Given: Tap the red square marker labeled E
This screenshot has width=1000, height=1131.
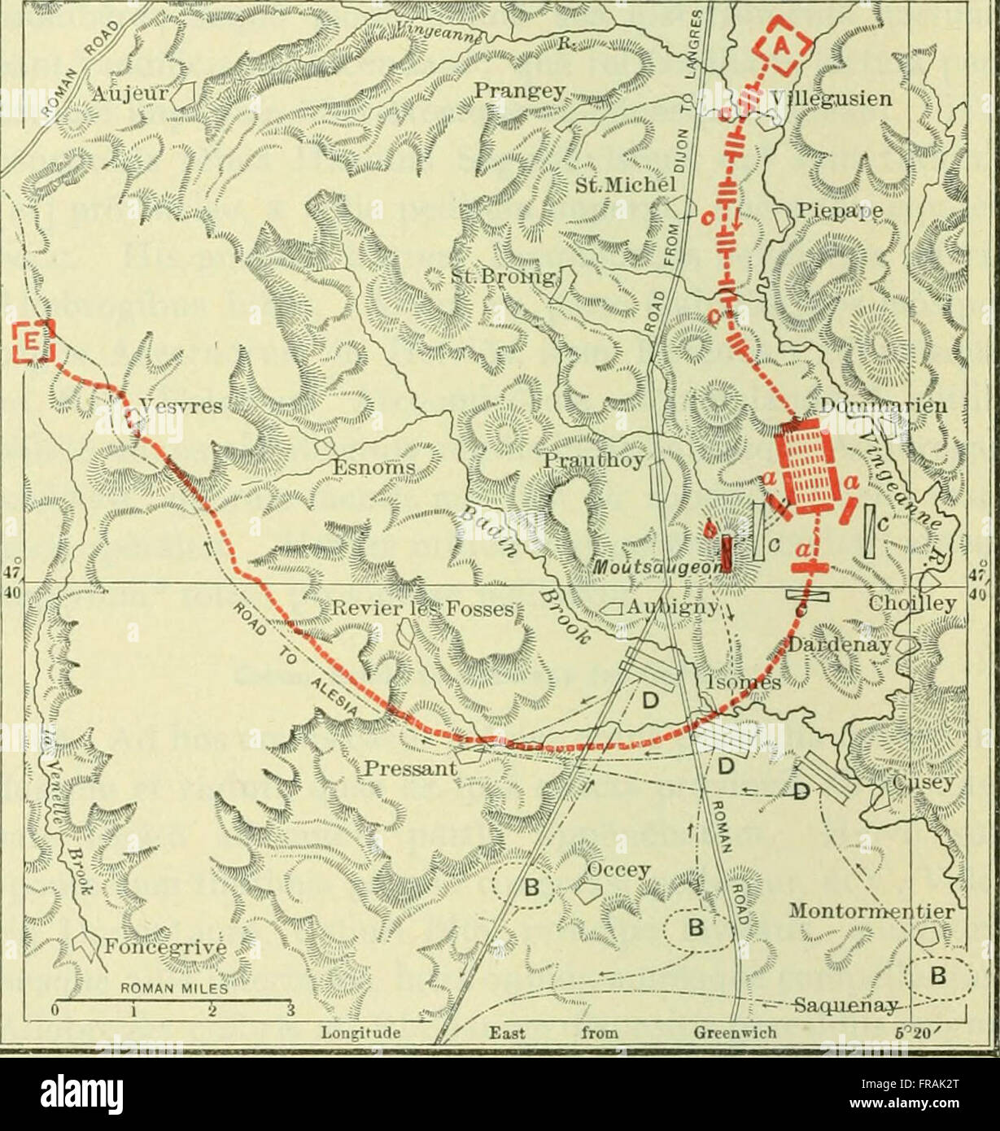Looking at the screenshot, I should coord(33,343).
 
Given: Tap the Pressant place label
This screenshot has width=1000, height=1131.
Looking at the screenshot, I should coord(408,768).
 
